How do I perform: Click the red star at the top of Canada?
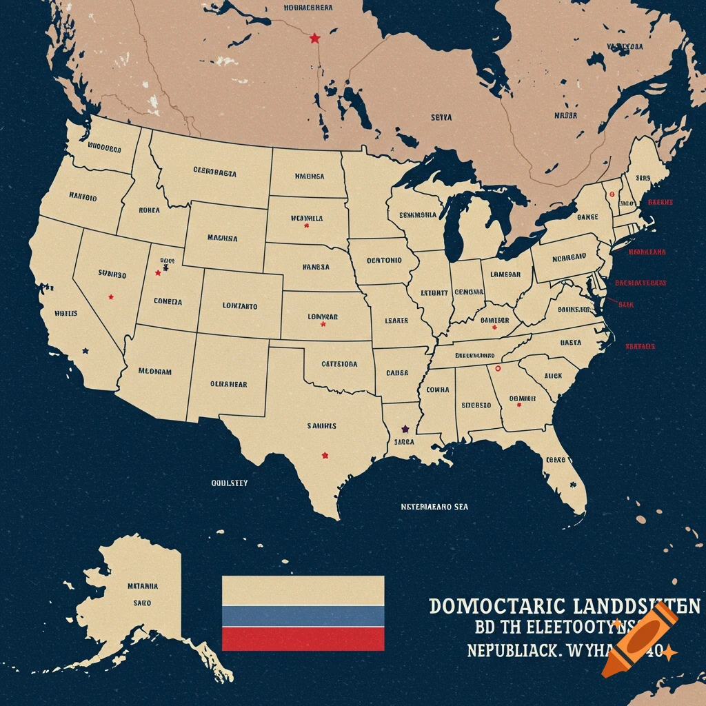pyautogui.click(x=315, y=38)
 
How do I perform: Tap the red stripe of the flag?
pyautogui.click(x=303, y=638)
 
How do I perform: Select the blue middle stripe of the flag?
pyautogui.click(x=303, y=616)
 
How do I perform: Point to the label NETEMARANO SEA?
pyautogui.click(x=434, y=507)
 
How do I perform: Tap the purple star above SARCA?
pyautogui.click(x=405, y=430)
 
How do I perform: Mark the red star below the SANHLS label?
pyautogui.click(x=325, y=455)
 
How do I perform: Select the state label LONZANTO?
pyautogui.click(x=240, y=305)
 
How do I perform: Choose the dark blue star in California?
pyautogui.click(x=85, y=350)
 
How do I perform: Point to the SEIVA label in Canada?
pyautogui.click(x=441, y=118)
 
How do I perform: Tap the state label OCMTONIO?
pyautogui.click(x=383, y=261)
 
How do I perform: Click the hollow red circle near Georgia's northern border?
pyautogui.click(x=498, y=369)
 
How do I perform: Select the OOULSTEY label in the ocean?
pyautogui.click(x=229, y=483)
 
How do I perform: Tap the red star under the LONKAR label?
pyautogui.click(x=323, y=324)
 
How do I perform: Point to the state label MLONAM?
pyautogui.click(x=154, y=371)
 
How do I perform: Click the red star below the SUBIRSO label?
pyautogui.click(x=111, y=297)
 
